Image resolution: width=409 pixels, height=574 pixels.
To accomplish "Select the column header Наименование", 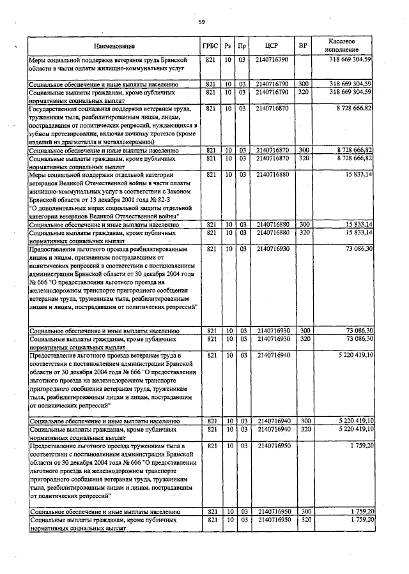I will [114, 47].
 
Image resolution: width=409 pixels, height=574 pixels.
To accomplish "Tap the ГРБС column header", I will [210, 47].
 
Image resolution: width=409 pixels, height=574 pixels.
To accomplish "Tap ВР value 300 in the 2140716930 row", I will [304, 331].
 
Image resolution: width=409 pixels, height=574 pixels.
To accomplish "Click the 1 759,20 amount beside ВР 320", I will [361, 521].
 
